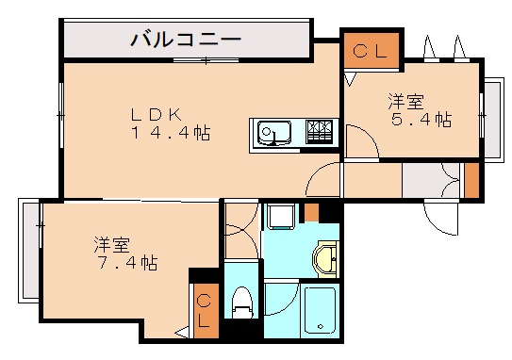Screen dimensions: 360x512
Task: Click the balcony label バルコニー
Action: (x=186, y=41)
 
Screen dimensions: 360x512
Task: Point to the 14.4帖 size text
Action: (x=170, y=133)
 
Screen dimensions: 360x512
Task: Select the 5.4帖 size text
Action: (x=421, y=120)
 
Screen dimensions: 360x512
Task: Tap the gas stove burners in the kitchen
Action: (x=321, y=132)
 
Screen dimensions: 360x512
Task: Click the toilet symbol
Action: (x=243, y=301)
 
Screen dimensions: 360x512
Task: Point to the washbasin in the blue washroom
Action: (x=326, y=258)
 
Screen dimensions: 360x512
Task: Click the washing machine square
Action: (x=281, y=218)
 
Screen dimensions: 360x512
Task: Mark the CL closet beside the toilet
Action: (x=204, y=309)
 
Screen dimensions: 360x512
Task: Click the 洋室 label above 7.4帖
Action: (x=111, y=244)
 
